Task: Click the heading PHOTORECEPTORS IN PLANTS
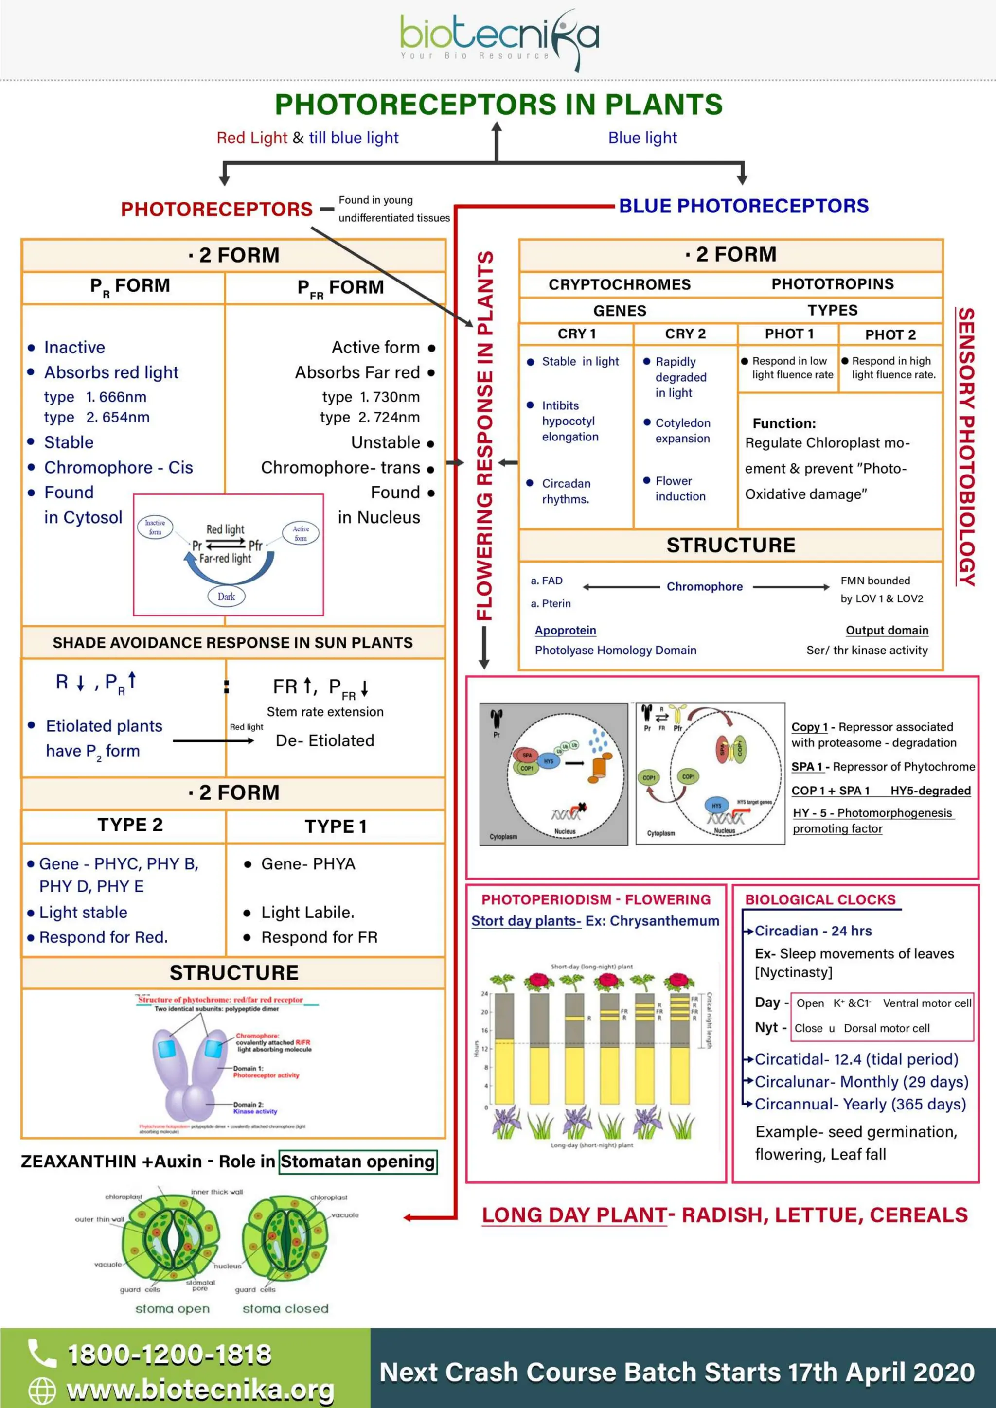pos(498,104)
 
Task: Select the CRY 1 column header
pos(576,334)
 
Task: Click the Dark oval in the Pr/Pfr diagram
pos(226,596)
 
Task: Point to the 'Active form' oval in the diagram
pos(301,533)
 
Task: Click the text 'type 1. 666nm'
pos(95,397)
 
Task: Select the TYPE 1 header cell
pos(336,826)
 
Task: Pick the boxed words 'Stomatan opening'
pos(357,1162)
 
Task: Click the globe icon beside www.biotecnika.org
pos(42,1390)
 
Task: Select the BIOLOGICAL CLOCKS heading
pos(820,899)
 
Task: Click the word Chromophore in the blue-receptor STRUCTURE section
pos(704,587)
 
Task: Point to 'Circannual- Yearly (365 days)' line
pos(860,1104)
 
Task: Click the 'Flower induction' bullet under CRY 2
pos(679,489)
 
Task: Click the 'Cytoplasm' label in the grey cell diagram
pos(503,836)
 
